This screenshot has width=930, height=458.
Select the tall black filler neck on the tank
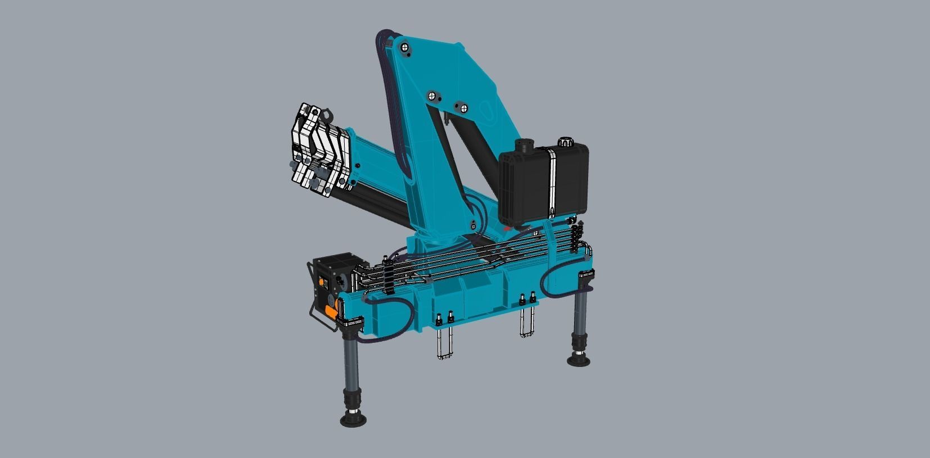(x=525, y=147)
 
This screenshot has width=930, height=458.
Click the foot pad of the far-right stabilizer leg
(x=579, y=360)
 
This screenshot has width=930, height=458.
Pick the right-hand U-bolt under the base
(x=527, y=320)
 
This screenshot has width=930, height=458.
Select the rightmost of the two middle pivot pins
(x=461, y=108)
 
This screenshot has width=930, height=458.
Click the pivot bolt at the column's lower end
(x=473, y=226)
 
